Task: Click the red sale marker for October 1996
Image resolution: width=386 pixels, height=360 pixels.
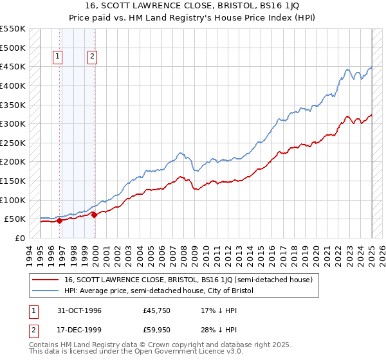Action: pyautogui.click(x=60, y=221)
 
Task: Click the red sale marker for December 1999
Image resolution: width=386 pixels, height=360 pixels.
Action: pyautogui.click(x=95, y=215)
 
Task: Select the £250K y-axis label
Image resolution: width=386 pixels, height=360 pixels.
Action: pyautogui.click(x=13, y=143)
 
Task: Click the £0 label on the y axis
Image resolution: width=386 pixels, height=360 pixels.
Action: pyautogui.click(x=19, y=238)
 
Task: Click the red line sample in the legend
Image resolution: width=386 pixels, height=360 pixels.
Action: pyautogui.click(x=46, y=280)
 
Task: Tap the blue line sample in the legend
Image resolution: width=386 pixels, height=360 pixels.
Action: pyautogui.click(x=46, y=291)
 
